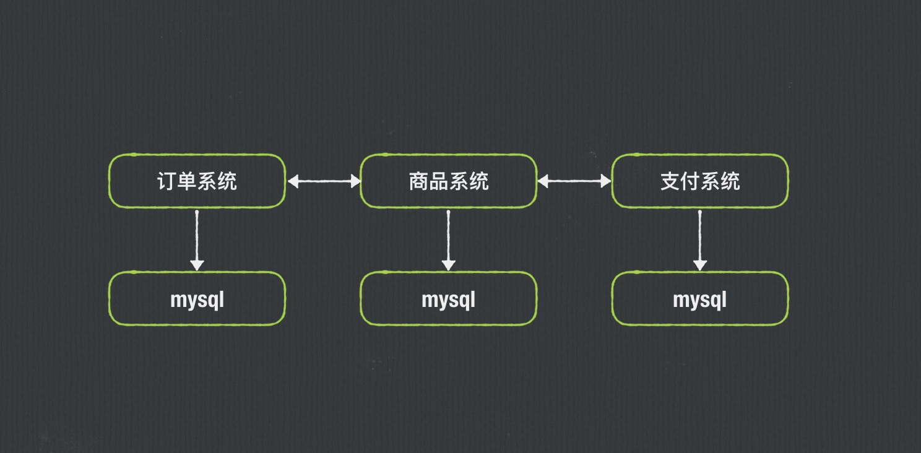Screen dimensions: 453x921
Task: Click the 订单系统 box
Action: pos(197,181)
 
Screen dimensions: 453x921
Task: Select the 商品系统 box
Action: pos(448,181)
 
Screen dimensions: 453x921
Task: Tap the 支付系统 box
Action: pos(699,181)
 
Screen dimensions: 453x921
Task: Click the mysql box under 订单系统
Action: pos(197,299)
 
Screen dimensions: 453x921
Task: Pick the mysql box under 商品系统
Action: pos(448,299)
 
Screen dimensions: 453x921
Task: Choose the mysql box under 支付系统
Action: pos(699,299)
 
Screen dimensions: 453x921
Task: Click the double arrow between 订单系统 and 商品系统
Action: pos(324,181)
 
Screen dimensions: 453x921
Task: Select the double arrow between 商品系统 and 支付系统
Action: pos(574,181)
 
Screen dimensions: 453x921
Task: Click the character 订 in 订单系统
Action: pos(167,181)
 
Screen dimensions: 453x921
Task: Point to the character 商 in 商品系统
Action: pos(418,181)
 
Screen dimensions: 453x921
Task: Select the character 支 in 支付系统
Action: pos(670,181)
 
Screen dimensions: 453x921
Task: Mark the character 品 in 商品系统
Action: pos(438,181)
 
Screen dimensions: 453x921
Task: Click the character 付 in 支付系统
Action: pos(690,181)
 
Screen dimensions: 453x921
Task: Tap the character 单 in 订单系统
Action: pos(187,181)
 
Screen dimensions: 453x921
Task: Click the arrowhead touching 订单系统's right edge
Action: pos(293,181)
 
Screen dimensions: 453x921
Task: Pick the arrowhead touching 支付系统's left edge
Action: pos(605,181)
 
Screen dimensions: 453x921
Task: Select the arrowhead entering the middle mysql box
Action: pos(448,265)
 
